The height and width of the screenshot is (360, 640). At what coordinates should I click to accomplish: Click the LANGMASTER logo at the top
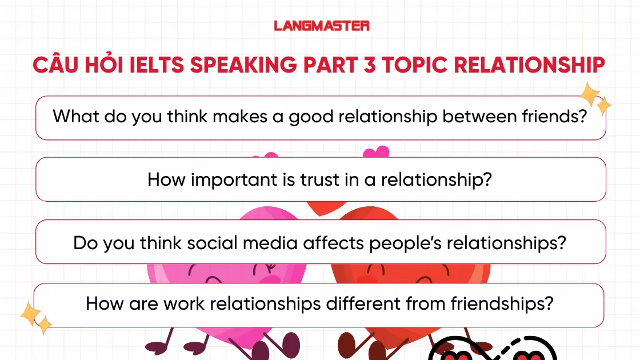click(321, 26)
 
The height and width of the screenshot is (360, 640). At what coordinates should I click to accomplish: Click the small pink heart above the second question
click(376, 153)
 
